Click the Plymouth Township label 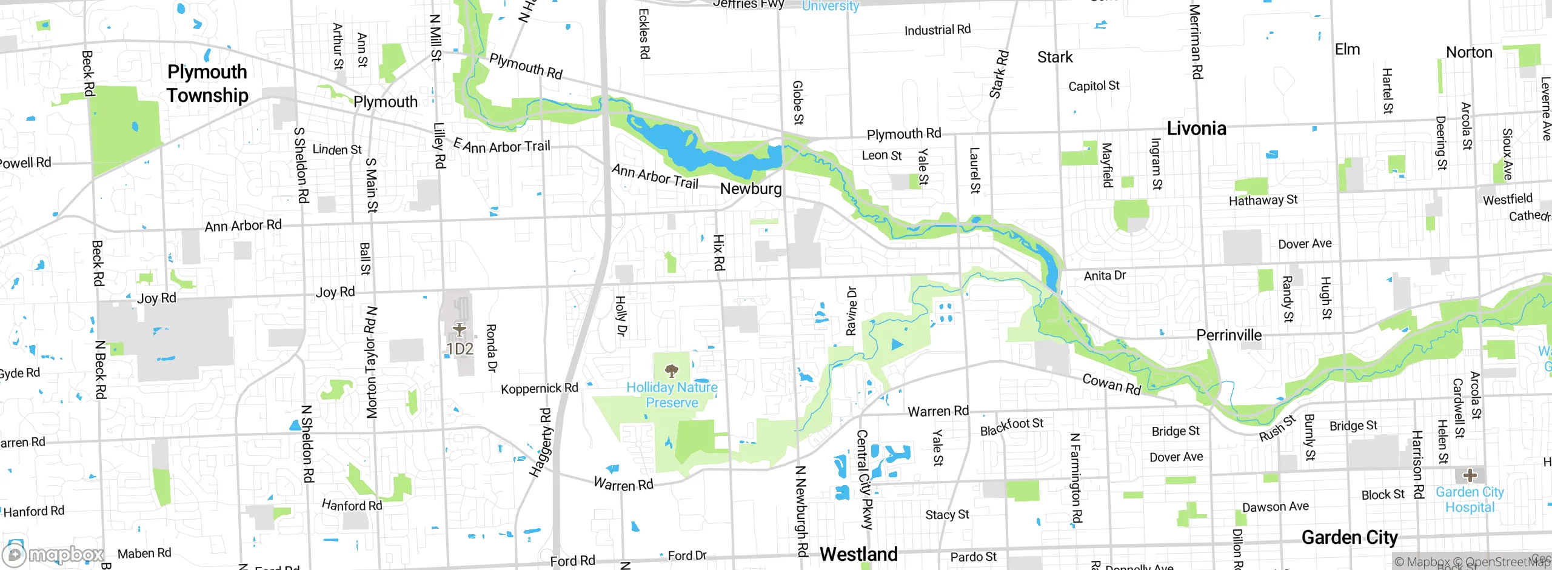tap(207, 84)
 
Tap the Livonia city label tap(1196, 129)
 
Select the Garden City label tap(1350, 537)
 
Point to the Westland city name tap(858, 554)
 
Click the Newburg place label tap(751, 189)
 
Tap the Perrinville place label tap(1229, 335)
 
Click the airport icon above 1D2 tap(460, 329)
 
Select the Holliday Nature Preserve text tap(672, 395)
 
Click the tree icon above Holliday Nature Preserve tap(671, 370)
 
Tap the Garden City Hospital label tap(1470, 500)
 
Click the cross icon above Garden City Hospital tap(1470, 475)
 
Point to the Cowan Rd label tap(1112, 384)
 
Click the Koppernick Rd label tap(539, 388)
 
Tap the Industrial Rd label tap(937, 30)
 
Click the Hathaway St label tap(1263, 199)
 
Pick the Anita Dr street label tap(1105, 275)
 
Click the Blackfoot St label tap(1011, 426)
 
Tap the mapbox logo tap(53, 554)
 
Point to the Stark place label tap(1055, 57)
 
